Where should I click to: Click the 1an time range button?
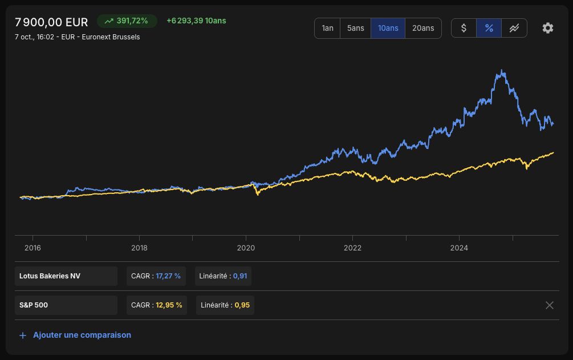[327, 28]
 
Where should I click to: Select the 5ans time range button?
[356, 28]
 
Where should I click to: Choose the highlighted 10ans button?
[388, 28]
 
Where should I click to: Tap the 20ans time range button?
[423, 28]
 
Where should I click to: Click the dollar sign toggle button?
[464, 28]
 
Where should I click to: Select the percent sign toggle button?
[489, 28]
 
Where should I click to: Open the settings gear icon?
[548, 28]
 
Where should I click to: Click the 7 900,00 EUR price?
[51, 22]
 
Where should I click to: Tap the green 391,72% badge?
[127, 21]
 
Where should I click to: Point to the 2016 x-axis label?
[32, 248]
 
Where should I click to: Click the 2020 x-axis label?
[246, 248]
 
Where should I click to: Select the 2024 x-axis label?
[459, 248]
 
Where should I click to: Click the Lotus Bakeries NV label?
[50, 276]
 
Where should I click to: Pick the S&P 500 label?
[34, 305]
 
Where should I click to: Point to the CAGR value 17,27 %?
[168, 276]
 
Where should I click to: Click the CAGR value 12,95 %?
[169, 305]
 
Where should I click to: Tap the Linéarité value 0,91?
[240, 276]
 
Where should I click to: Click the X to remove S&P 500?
[549, 305]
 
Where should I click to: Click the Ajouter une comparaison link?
[82, 335]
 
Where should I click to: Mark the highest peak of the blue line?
[502, 70]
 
